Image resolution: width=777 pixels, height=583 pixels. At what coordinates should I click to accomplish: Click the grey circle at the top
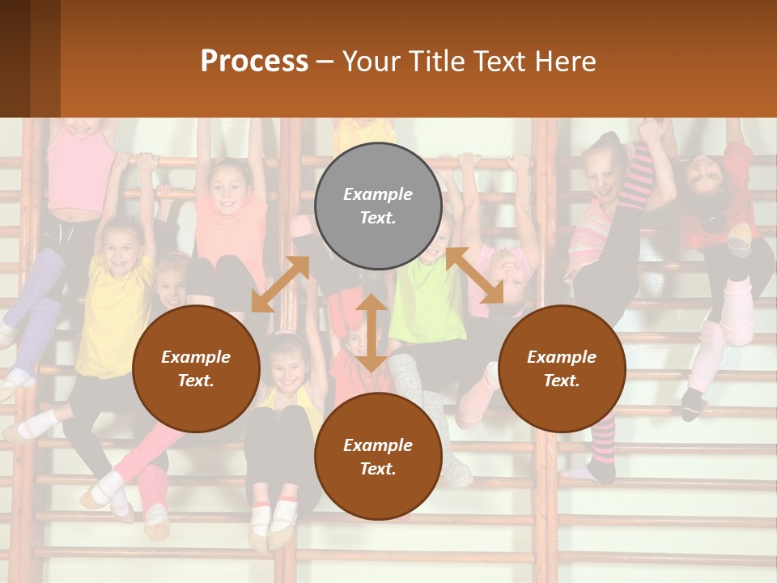click(x=378, y=206)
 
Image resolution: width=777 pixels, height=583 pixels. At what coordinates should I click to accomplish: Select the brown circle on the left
click(x=196, y=368)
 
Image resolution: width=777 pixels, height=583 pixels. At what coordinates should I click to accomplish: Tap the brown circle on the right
click(x=562, y=368)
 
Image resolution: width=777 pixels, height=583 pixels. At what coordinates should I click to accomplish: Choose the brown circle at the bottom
click(x=378, y=457)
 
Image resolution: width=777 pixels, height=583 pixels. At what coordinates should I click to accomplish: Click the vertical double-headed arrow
click(x=372, y=333)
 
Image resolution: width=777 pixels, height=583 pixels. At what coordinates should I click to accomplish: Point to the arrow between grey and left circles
click(x=280, y=284)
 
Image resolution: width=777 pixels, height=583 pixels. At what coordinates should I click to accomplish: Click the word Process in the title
click(x=254, y=61)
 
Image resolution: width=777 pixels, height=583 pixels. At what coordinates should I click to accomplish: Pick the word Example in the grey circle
click(x=378, y=194)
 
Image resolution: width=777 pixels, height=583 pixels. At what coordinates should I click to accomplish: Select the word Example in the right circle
click(x=562, y=357)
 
